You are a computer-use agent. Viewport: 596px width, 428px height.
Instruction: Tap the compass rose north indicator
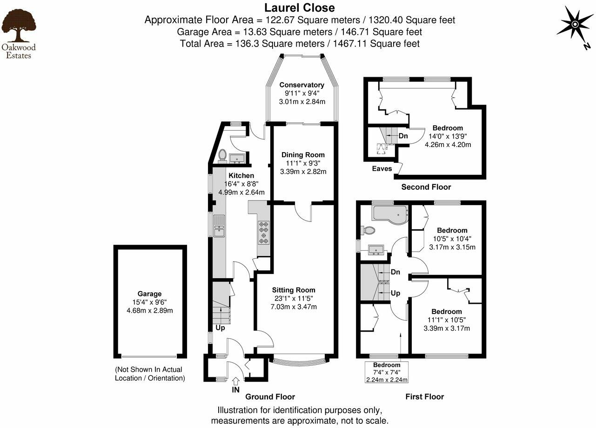575,24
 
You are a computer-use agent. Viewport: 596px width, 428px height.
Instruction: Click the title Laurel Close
299,8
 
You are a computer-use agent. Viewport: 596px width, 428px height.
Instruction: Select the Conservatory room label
301,85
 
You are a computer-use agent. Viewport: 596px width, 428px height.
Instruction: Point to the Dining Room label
303,155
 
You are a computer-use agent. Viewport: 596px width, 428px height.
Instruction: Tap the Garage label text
149,294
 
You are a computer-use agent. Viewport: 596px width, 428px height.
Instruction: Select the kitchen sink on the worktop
219,229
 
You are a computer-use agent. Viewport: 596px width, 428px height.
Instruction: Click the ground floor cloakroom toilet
222,155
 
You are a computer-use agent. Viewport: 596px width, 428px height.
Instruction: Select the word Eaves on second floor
382,168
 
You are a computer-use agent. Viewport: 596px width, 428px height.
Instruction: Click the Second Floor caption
426,187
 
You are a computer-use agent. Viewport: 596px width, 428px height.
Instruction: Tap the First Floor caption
424,397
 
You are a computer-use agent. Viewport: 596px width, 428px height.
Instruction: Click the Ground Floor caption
270,397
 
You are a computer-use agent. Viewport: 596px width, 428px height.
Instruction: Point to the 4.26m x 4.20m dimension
448,144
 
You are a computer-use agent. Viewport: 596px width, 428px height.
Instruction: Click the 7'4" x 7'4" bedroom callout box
386,372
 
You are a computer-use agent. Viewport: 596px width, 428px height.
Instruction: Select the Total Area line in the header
300,44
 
